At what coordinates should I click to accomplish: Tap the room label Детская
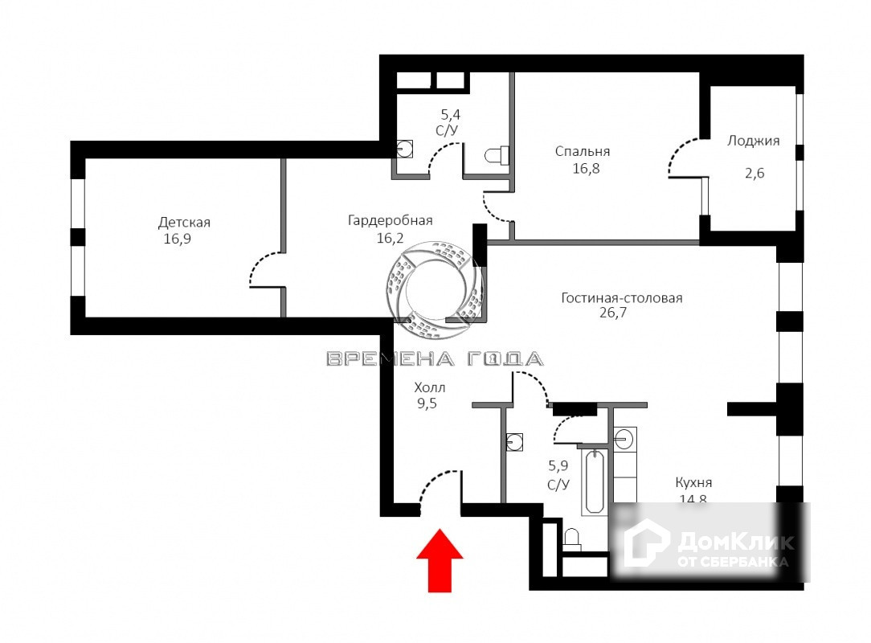(184, 222)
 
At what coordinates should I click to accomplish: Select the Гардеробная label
(390, 220)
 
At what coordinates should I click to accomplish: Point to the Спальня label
(583, 151)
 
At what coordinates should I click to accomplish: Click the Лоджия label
(753, 141)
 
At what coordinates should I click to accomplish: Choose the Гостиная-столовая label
(621, 298)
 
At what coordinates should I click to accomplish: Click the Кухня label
(693, 483)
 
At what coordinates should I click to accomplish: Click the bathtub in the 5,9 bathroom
(595, 481)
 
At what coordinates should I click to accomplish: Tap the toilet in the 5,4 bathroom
(497, 154)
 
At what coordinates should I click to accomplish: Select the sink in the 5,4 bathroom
(404, 148)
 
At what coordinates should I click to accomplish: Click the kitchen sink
(625, 439)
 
